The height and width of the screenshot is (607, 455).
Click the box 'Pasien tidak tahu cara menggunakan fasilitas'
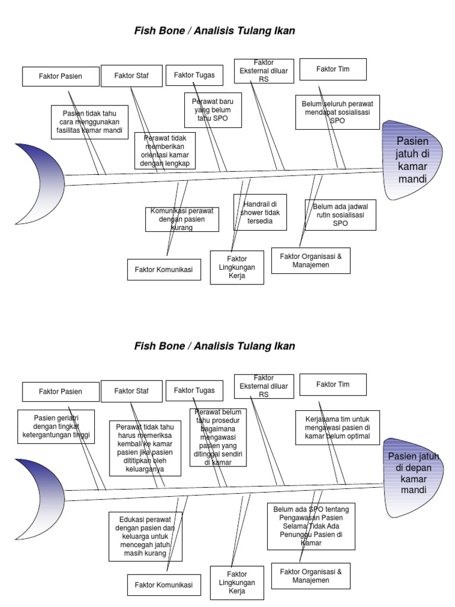tap(89, 122)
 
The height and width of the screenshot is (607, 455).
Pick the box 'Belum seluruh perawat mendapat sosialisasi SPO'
tap(338, 112)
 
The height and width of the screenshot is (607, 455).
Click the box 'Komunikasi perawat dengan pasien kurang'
tap(182, 219)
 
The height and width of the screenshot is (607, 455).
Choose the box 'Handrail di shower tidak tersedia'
tap(260, 212)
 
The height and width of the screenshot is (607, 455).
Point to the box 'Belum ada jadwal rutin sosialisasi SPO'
tap(340, 215)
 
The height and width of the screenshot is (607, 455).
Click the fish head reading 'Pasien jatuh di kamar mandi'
tap(412, 159)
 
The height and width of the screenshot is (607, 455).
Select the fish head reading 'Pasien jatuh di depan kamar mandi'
tap(414, 473)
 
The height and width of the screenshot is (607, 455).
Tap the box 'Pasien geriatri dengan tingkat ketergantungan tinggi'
tap(56, 426)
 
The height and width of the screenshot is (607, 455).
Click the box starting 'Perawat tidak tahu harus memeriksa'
tap(145, 448)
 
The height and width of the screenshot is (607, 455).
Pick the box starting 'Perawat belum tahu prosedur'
tap(218, 437)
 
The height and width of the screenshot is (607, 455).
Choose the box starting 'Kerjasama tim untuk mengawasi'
tap(338, 427)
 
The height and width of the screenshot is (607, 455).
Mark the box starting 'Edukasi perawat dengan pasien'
tap(145, 536)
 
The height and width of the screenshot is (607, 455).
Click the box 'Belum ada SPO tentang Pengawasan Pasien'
tap(311, 526)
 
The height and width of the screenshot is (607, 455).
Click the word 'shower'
tap(251, 213)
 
